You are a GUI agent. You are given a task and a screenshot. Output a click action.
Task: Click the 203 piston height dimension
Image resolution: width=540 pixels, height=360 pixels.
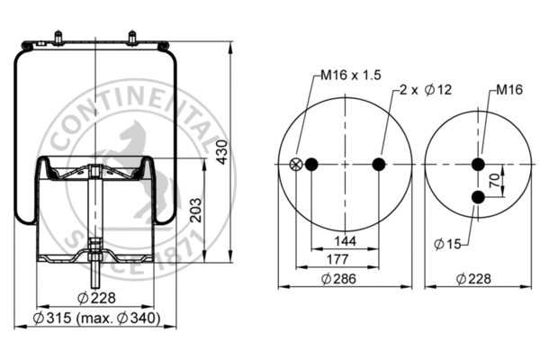tap(196, 211)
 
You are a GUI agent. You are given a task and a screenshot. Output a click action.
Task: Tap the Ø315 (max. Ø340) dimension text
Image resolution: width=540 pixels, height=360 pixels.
tap(96, 319)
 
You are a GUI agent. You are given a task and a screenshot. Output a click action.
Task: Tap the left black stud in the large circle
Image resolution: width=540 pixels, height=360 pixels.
tap(312, 164)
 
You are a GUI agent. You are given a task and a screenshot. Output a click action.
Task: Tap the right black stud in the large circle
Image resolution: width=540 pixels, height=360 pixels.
tap(378, 164)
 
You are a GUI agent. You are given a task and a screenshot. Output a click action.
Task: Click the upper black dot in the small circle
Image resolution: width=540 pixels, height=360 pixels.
tap(478, 164)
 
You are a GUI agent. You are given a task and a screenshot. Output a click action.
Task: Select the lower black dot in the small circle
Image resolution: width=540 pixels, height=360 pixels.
tap(478, 196)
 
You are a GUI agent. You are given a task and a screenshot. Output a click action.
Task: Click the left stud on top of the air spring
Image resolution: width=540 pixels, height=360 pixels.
tap(58, 39)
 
